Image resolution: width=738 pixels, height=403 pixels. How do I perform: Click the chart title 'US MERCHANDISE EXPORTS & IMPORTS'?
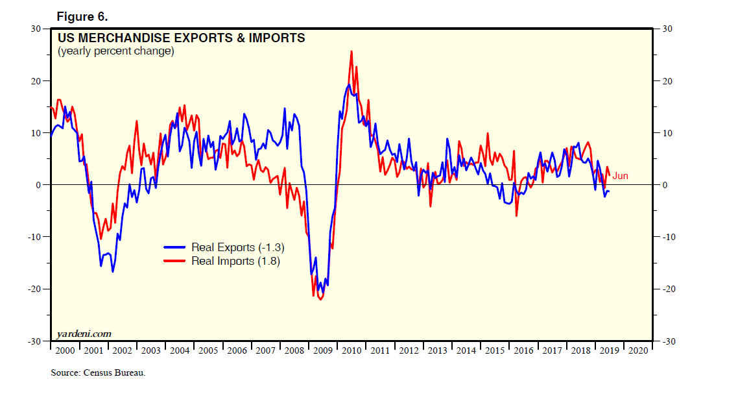(181, 38)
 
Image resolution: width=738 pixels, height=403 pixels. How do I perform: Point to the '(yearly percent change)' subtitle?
(116, 51)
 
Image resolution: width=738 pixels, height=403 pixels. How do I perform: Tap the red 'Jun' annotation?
(620, 176)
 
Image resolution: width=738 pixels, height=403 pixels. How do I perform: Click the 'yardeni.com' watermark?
(84, 334)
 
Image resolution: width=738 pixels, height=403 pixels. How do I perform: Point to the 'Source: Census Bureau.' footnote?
(98, 373)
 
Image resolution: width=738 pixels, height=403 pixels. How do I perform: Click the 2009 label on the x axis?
(322, 350)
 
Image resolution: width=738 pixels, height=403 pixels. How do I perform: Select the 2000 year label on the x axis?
(64, 350)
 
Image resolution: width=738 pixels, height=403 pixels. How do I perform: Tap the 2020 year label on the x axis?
(637, 350)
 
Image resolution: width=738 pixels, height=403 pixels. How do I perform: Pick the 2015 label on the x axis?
(494, 350)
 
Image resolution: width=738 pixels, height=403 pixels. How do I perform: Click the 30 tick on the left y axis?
(35, 29)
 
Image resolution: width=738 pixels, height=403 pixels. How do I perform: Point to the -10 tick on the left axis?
(33, 237)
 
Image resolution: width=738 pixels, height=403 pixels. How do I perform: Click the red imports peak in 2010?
(351, 51)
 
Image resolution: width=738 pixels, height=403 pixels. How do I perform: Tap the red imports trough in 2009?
(320, 299)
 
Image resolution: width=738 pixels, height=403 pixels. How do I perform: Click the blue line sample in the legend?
(174, 247)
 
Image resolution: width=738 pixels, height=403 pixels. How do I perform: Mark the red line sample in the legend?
(174, 261)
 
